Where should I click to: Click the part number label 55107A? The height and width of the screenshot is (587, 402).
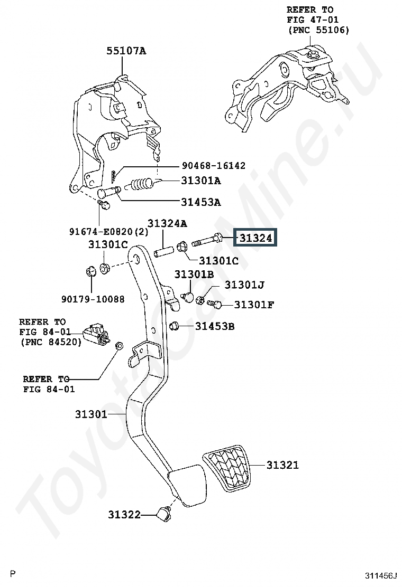[x=126, y=51]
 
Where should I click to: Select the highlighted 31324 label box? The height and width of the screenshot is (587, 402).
[x=255, y=237]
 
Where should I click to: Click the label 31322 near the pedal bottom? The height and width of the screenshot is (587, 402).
[x=124, y=514]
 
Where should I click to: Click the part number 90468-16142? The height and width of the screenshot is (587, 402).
[x=213, y=165]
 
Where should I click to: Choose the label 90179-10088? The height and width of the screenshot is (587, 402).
[x=93, y=299]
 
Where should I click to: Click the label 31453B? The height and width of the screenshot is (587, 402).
[x=215, y=326]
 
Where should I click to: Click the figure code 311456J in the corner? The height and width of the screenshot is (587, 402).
[x=381, y=575]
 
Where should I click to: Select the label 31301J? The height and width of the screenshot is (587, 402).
[x=244, y=285]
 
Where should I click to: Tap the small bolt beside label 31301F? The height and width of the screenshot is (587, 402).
[x=215, y=305]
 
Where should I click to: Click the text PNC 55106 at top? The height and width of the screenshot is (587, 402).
[x=319, y=30]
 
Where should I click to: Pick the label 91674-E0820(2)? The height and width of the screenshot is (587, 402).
[x=109, y=232]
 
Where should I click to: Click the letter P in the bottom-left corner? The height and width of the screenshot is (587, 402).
[x=13, y=573]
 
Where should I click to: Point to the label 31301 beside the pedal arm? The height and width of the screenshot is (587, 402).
[x=91, y=414]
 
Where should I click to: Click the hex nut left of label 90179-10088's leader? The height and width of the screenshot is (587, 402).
[x=90, y=271]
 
